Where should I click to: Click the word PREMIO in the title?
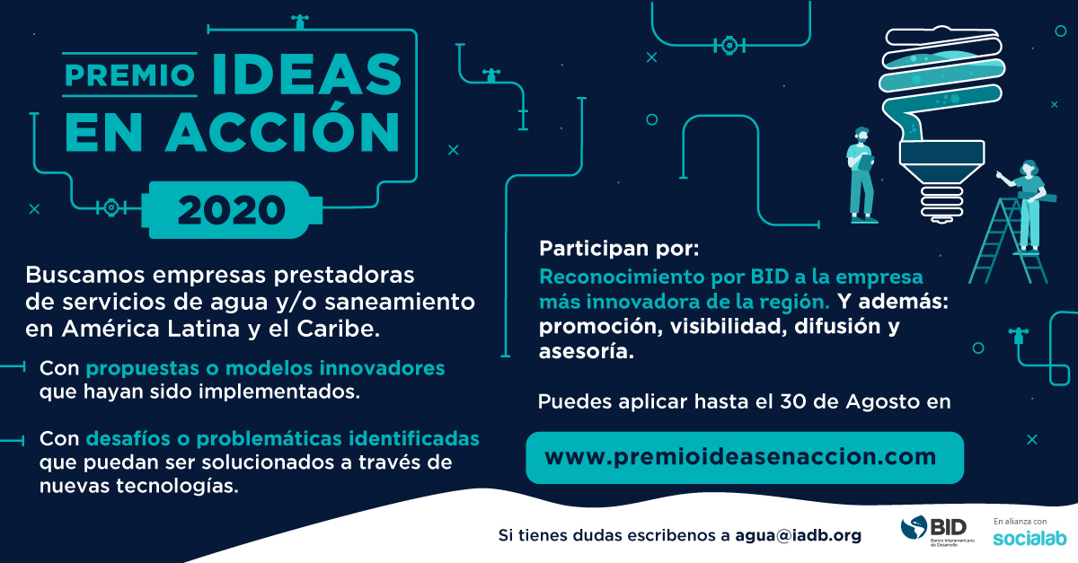(x=130, y=75)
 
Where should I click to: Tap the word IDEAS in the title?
(x=306, y=74)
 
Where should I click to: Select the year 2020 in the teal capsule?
(x=232, y=210)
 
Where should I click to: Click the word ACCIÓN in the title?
(x=283, y=132)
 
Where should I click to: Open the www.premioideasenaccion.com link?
(x=740, y=457)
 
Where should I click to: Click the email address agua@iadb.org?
(x=799, y=535)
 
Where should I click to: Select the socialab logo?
(x=1029, y=538)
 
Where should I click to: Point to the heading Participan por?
(x=619, y=249)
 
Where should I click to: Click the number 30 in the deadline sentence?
(x=792, y=401)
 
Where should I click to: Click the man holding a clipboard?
(x=861, y=175)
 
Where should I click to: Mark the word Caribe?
(x=339, y=330)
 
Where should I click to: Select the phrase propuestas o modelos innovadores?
(x=265, y=368)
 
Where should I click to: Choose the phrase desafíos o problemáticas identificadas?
(x=282, y=439)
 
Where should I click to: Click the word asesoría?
(x=586, y=351)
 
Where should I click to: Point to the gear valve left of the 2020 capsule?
(x=111, y=207)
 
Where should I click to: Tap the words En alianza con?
(x=1021, y=522)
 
